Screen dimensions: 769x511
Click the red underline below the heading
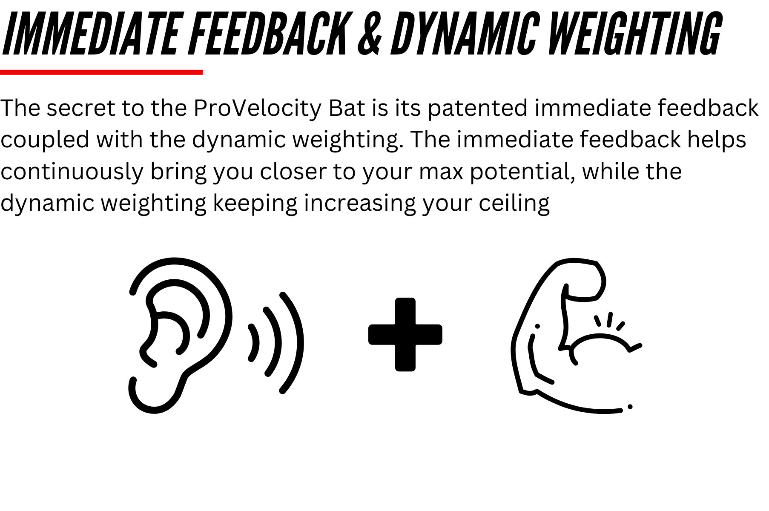101,72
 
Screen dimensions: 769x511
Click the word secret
81,109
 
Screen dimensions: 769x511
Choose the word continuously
72,172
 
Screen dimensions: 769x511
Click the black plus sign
405,334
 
